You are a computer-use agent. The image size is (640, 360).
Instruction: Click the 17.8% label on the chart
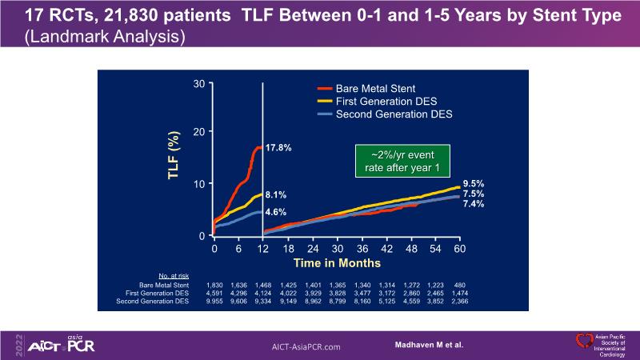(x=278, y=148)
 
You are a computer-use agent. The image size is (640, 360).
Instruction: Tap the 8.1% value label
(x=276, y=194)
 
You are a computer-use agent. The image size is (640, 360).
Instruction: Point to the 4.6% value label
(x=276, y=213)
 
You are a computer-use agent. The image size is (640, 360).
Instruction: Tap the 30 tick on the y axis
(x=199, y=82)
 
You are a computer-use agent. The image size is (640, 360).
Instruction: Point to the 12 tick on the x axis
(x=263, y=249)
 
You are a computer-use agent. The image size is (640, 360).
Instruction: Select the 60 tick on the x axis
(x=460, y=249)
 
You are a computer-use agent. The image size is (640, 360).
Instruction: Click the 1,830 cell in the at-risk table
(x=214, y=285)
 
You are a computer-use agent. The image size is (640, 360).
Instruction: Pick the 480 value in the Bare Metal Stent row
(x=460, y=285)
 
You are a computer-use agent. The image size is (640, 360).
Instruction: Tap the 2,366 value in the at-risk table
(x=460, y=302)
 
